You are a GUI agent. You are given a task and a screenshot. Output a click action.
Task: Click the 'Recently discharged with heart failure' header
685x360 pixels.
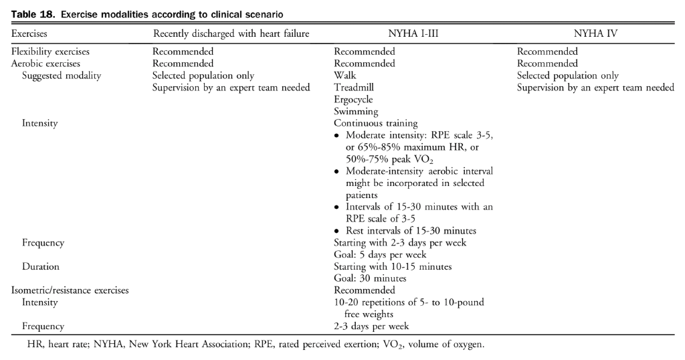pos(231,31)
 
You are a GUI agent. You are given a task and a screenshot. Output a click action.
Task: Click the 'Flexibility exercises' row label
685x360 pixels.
pos(50,52)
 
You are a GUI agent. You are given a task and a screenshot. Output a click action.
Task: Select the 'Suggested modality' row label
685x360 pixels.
pos(62,76)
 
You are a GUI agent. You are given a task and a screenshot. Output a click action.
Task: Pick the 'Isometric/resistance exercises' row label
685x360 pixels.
pos(70,290)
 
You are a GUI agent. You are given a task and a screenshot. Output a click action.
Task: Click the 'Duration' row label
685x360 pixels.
pos(41,266)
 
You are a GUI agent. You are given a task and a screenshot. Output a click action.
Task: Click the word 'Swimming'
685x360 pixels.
pos(356,112)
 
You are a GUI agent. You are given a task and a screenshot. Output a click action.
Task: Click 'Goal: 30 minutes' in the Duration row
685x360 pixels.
pos(371,278)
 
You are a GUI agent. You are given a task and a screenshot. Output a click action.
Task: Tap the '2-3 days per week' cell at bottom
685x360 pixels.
pos(371,327)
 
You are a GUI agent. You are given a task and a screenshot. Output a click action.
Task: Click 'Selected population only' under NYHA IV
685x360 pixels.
pos(568,76)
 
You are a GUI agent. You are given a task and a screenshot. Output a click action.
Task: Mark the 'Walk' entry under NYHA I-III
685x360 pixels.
pos(345,76)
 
